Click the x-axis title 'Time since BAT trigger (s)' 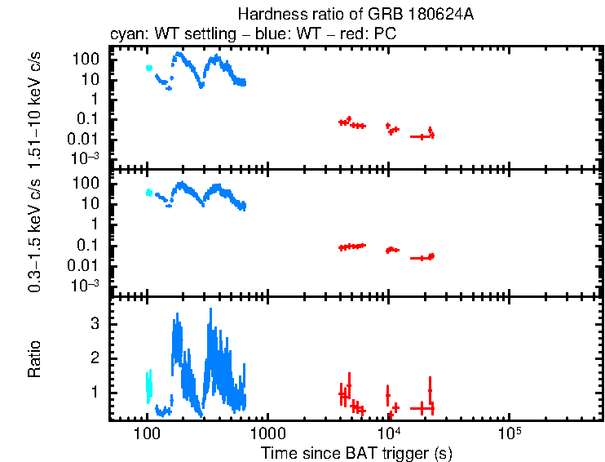point(356,452)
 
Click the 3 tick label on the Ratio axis point(95,323)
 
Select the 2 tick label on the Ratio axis point(95,358)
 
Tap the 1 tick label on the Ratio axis point(95,393)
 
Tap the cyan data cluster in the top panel point(149,68)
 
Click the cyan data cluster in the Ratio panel point(148,385)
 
